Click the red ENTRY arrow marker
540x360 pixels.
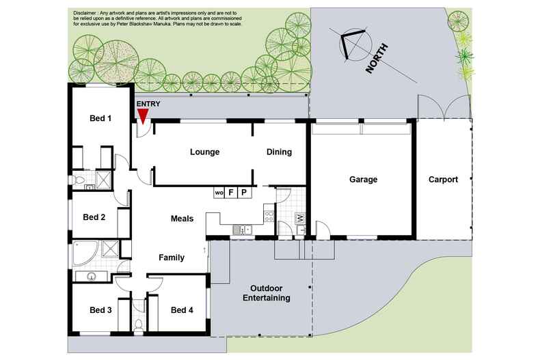pos(142,115)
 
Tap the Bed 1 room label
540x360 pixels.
pos(100,118)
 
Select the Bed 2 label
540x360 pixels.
pos(94,218)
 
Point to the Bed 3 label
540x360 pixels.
pos(100,311)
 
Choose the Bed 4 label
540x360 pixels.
pos(182,311)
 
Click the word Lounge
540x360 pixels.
pos(204,152)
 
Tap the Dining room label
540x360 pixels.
pos(279,152)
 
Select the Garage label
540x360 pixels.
pos(364,180)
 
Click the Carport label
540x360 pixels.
pos(443,180)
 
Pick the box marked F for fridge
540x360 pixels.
pos(231,193)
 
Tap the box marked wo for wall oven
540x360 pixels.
pos(219,193)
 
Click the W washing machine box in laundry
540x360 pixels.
pos(299,219)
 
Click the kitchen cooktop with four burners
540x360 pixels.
pos(269,218)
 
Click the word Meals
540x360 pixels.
pos(182,219)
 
